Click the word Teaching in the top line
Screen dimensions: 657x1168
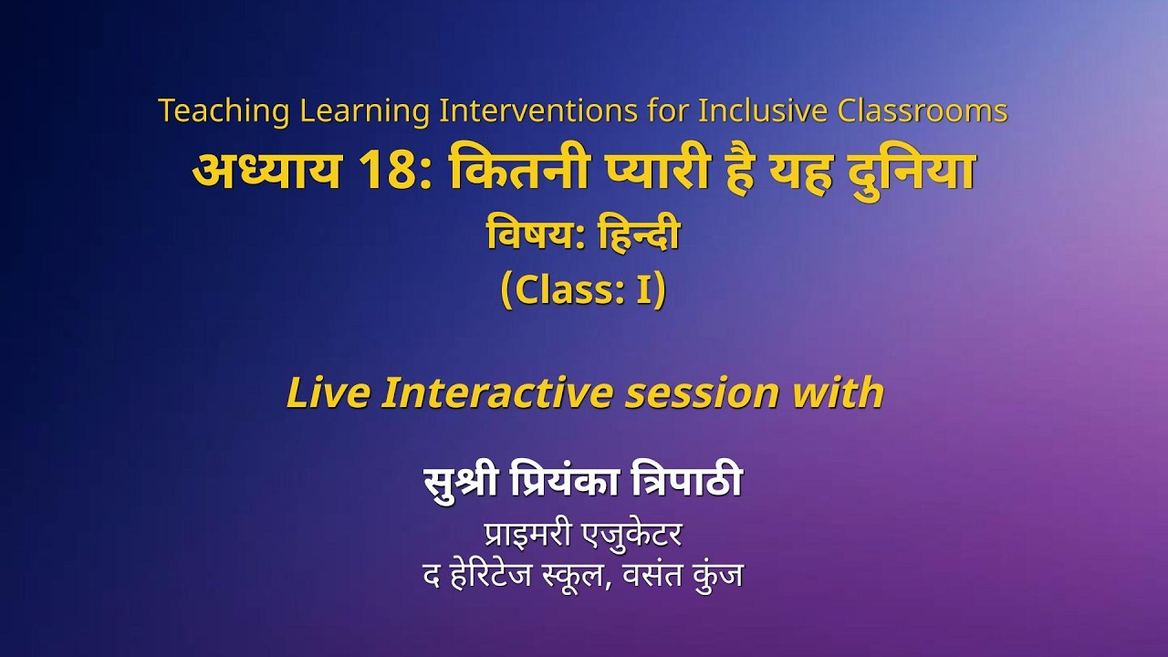click(224, 111)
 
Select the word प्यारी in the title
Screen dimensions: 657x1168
click(651, 172)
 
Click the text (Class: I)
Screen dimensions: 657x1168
click(583, 290)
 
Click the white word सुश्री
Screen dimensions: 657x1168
click(456, 482)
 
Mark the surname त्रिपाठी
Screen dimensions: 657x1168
click(688, 482)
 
